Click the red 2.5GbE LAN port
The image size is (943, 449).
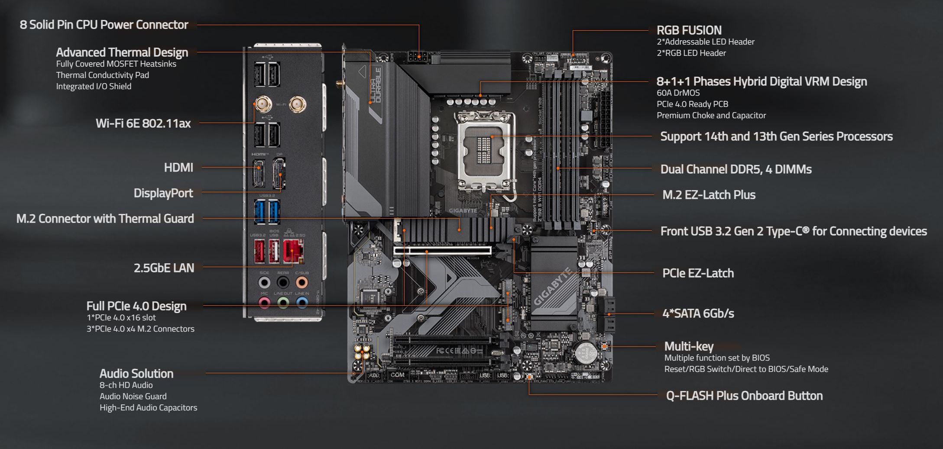293,251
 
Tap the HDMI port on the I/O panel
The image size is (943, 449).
259,173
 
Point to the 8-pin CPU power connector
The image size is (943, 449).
418,57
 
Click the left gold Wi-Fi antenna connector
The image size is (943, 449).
262,104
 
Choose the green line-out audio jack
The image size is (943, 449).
283,302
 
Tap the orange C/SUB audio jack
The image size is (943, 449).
302,282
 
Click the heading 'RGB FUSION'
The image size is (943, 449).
689,30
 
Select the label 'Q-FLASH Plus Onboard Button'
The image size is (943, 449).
744,396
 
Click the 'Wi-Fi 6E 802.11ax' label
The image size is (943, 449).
143,123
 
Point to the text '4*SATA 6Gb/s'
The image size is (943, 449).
698,313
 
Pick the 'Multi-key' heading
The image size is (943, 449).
688,346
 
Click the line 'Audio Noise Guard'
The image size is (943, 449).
133,396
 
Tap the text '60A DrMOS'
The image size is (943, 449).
678,93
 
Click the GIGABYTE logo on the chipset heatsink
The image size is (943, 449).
553,287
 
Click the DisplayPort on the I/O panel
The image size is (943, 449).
279,174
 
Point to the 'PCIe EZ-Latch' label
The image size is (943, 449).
698,273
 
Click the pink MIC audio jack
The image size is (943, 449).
264,302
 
